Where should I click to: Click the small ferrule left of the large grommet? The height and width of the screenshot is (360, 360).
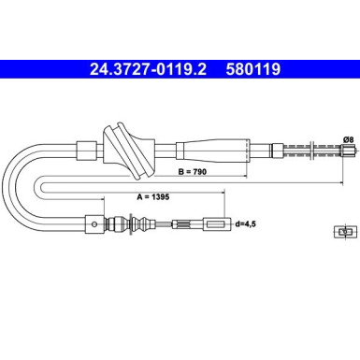85,148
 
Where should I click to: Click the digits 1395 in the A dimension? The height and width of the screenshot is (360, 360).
137,197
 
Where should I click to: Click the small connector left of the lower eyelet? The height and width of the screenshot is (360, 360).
177,223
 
